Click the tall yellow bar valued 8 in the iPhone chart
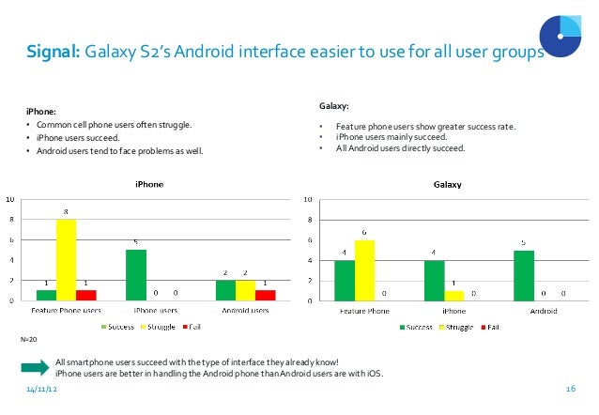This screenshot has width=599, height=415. [x=66, y=260]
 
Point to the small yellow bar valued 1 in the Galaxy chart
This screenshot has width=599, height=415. [x=453, y=296]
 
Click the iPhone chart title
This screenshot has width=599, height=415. [x=149, y=185]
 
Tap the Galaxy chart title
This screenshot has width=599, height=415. [x=447, y=185]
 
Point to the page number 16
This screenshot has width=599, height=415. [x=570, y=389]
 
